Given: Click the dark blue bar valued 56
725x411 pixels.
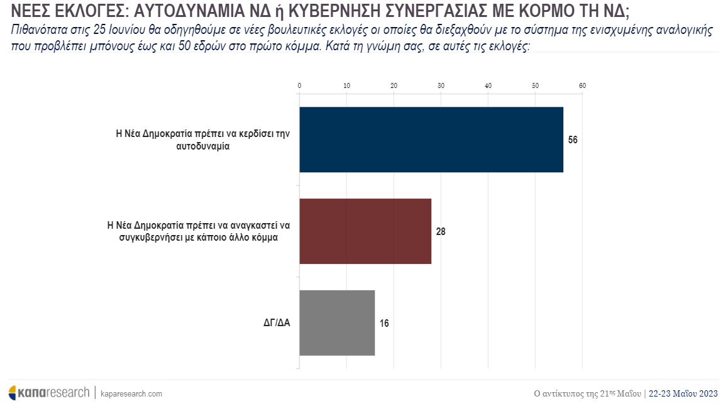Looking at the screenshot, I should point(431,140).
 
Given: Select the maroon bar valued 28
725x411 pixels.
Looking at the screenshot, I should point(365,231).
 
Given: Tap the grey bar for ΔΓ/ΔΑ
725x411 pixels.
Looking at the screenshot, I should point(337,322).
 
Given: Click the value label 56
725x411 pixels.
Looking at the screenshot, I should point(572,140).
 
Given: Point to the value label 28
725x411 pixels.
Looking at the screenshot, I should point(441,231).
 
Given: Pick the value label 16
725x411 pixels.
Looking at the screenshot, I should point(384,323).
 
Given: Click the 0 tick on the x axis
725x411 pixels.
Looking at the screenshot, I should point(299,85).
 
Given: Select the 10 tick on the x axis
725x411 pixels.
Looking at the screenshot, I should point(346,85).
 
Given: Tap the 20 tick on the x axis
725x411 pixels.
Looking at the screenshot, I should point(394,85).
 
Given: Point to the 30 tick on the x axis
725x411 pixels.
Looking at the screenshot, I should point(441,85).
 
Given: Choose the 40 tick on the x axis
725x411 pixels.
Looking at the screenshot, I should point(488,85).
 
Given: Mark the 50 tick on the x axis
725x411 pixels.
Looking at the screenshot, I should point(535,85).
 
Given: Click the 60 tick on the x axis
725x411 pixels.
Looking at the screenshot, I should point(582,85).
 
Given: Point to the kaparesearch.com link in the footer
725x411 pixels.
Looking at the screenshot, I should point(131,393).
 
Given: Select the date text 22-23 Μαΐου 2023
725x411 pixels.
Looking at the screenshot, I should point(683,393).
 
